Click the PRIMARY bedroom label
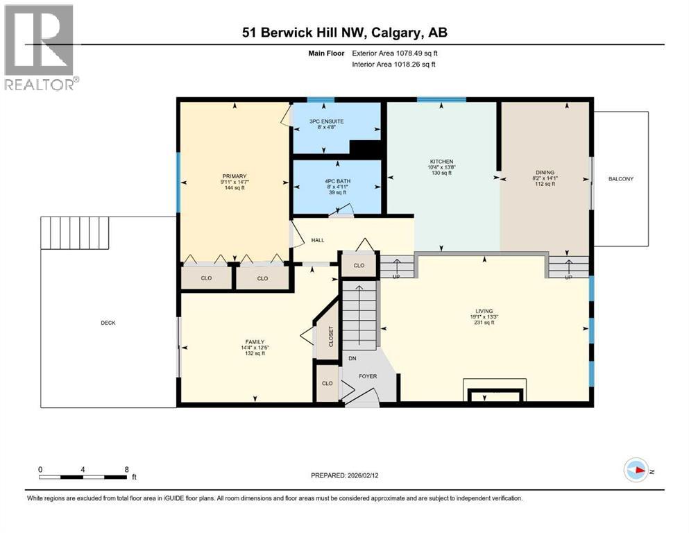tap(235, 176)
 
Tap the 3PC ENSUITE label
tap(326, 121)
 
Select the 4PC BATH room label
tap(337, 181)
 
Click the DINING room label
tap(545, 172)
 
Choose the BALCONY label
tap(621, 179)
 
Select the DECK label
tap(108, 323)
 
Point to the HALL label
tap(318, 240)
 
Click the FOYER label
tap(367, 377)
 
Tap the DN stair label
tap(352, 359)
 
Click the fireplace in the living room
tap(494, 394)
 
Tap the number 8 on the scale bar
tap(126, 469)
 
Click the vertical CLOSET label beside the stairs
tap(331, 337)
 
